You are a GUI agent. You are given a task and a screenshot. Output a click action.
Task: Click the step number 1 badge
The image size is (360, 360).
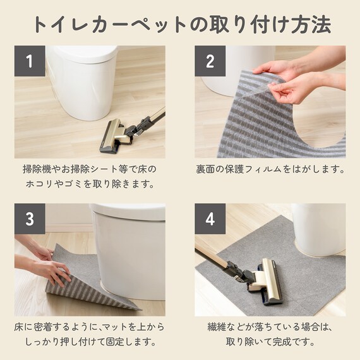(30, 61)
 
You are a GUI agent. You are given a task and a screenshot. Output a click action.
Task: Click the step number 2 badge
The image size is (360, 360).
(210, 61)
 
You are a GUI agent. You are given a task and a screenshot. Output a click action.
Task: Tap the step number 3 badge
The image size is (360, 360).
(30, 219)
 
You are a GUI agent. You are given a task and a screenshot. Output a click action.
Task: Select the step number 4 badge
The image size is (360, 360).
(210, 219)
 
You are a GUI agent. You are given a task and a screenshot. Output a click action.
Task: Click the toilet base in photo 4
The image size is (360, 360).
(318, 231)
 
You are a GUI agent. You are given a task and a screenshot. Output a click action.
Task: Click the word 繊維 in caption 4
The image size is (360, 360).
(217, 327)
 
